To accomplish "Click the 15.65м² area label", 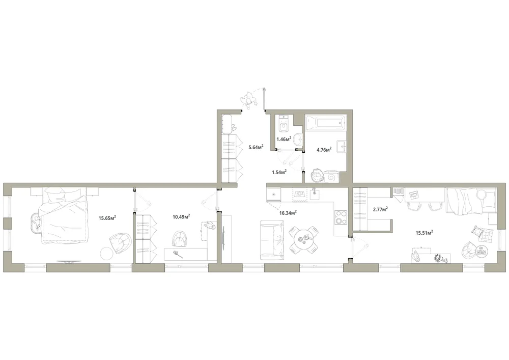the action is point(107,218).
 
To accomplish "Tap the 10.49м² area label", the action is point(182,216).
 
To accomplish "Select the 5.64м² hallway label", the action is point(256,147).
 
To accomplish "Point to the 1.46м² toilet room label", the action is point(284,139).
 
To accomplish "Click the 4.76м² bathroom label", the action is point(324,150).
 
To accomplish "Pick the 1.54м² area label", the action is point(279,172).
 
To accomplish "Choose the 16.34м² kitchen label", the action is point(288,213).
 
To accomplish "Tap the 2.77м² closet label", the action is point(380,209).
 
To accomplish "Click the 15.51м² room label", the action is point(425,232).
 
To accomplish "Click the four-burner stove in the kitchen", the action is point(341,217).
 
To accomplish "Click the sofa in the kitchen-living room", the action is point(272,240).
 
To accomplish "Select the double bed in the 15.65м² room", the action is point(65,215).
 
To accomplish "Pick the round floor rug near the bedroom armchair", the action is point(106,253).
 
